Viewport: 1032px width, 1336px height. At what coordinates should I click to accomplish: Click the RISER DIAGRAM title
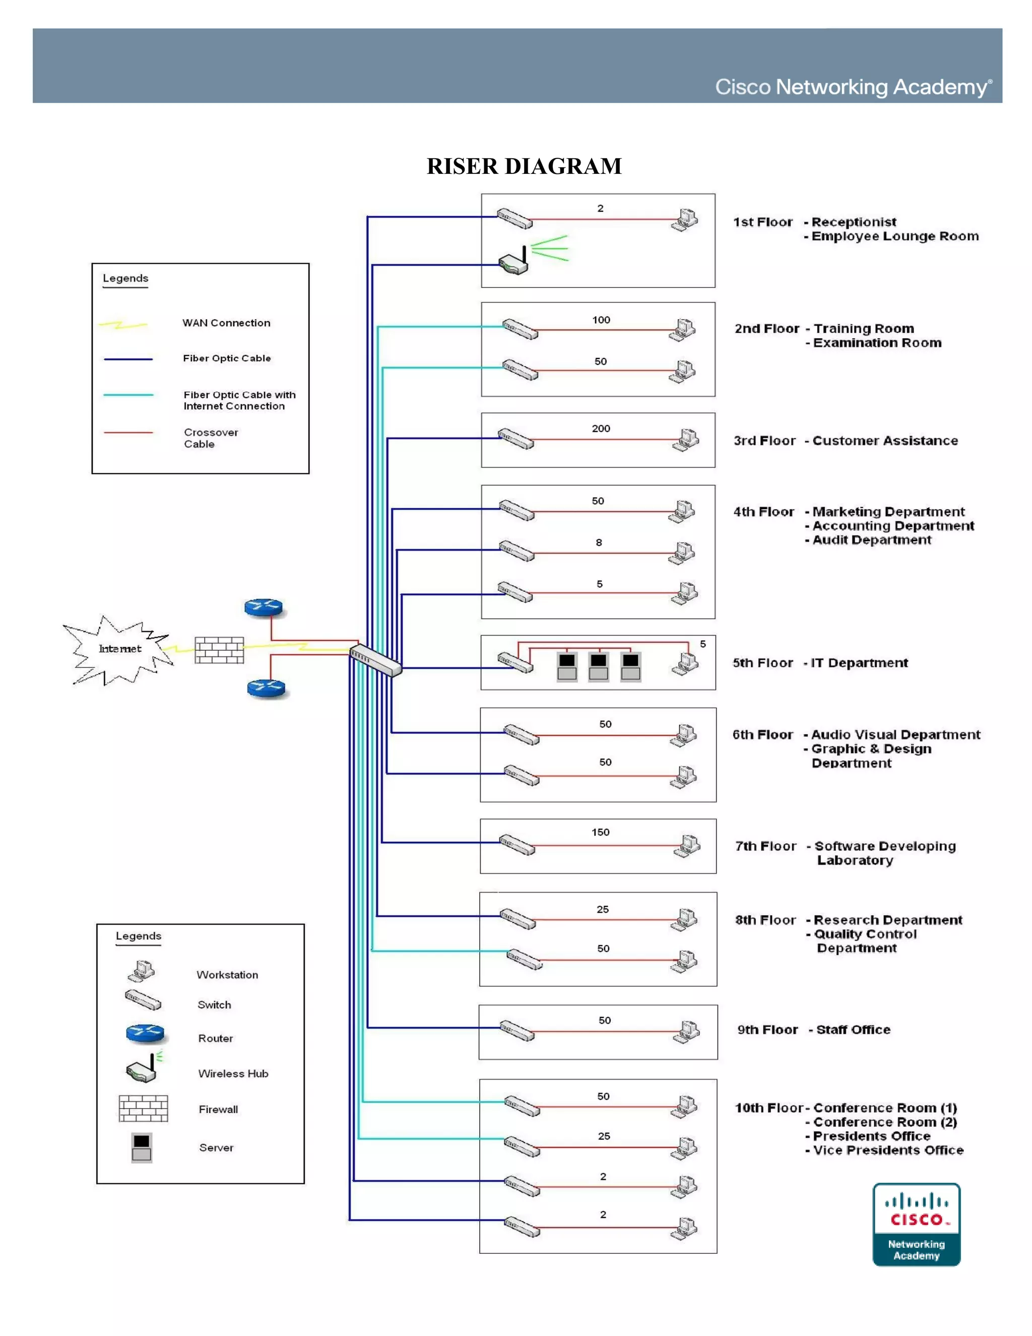tap(524, 166)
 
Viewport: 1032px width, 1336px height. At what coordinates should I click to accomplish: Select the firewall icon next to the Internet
tap(219, 650)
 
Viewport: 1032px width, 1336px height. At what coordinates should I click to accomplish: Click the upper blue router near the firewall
tap(264, 608)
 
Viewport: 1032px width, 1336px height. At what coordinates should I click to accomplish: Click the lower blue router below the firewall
tap(266, 689)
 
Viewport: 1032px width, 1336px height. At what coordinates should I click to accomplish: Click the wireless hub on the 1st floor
tap(513, 263)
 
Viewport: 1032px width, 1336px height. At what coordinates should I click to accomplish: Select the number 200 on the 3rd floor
tap(600, 428)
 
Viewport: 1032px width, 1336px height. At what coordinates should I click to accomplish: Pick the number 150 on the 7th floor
tap(600, 832)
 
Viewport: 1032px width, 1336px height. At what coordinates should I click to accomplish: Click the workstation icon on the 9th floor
tap(687, 1031)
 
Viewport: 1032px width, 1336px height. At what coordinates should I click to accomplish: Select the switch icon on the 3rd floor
tap(515, 439)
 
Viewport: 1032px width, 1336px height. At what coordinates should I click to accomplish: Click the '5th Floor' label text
tap(762, 663)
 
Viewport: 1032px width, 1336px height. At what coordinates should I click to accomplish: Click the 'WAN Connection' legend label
tap(226, 323)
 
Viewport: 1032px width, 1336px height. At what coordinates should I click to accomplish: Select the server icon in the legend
tap(141, 1147)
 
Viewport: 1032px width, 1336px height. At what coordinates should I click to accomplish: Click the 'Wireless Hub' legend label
tap(233, 1073)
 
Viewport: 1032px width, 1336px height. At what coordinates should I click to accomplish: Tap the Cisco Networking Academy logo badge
tap(916, 1224)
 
